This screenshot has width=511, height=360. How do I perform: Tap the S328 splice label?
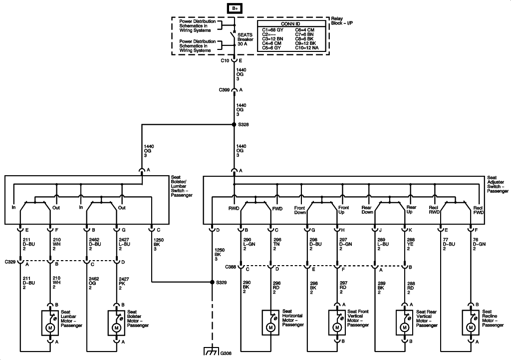(243, 125)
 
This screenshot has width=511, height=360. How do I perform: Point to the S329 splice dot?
(212, 282)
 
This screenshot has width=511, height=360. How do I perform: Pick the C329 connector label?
(10, 261)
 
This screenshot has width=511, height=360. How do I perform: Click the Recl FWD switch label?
(478, 210)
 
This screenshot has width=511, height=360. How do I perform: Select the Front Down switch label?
(299, 210)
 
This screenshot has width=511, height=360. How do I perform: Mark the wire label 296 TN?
(277, 243)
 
